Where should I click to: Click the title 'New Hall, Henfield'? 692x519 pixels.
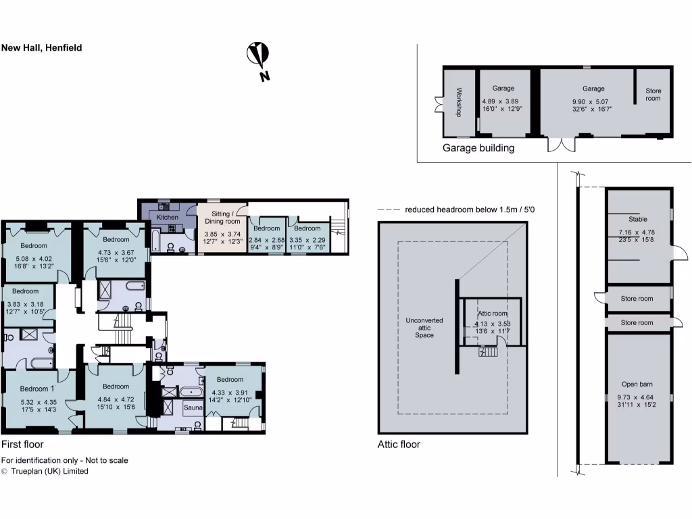coord(41,48)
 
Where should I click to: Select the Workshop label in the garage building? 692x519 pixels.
coord(458,102)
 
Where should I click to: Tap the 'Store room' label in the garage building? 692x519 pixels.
coord(653,95)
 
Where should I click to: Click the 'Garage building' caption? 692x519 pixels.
coord(478,148)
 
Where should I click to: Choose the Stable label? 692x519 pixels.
coord(637,219)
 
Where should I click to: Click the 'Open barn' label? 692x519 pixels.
coord(637,385)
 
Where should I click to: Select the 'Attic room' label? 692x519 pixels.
coord(492,314)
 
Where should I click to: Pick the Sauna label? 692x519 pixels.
coord(193,408)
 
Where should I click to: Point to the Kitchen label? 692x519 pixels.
coord(167,218)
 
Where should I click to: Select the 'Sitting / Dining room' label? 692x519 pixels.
coord(222,217)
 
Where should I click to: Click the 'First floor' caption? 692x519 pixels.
coord(22,444)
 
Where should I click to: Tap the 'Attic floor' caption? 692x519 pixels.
coord(399,444)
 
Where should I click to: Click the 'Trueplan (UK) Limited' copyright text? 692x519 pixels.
coord(49,471)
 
